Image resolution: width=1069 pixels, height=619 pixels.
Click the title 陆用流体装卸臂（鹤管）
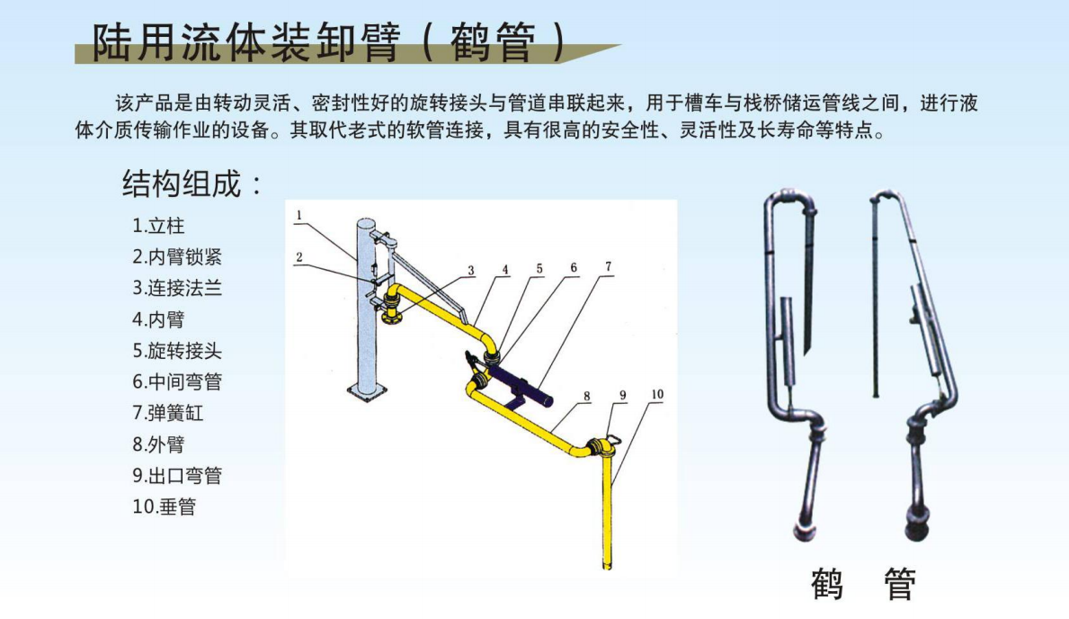(329, 42)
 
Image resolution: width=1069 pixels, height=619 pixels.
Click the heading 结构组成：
(193, 184)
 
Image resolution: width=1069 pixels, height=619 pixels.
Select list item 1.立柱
(158, 225)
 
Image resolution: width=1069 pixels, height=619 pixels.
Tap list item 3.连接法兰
(177, 288)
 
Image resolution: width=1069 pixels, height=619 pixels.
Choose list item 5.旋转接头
(177, 351)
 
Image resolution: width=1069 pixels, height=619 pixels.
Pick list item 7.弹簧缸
(168, 413)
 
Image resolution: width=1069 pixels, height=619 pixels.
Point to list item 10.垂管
(165, 507)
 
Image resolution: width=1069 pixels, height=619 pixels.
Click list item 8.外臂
(158, 444)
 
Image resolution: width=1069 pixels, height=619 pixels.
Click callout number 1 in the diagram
(298, 216)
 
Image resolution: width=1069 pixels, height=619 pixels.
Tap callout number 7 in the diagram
(608, 266)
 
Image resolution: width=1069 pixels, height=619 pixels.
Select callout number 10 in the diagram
(657, 394)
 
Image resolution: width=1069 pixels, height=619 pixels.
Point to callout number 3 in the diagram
(470, 270)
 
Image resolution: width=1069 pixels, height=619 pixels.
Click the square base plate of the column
(368, 391)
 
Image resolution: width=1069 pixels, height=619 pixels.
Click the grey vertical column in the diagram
(367, 306)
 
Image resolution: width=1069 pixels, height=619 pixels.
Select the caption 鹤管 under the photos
(863, 584)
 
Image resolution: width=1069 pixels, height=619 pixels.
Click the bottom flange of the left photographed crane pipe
(806, 532)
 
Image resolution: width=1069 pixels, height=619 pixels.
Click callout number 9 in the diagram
(622, 395)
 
